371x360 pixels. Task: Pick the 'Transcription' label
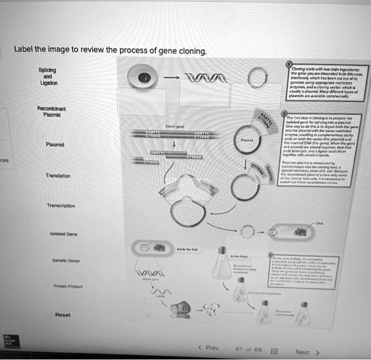tap(60, 206)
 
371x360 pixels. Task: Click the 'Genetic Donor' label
tap(63, 260)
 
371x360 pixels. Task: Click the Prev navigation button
tap(209, 348)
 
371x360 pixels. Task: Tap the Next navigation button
tap(306, 351)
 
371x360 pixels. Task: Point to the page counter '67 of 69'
tap(248, 349)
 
